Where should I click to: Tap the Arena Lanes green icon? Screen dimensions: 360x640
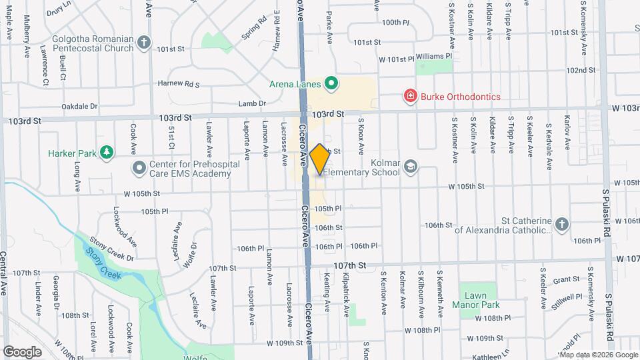click(331, 84)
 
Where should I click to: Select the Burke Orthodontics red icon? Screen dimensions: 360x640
click(411, 97)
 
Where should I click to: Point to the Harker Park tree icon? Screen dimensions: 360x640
click(106, 153)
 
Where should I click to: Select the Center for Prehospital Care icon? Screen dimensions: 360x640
click(139, 167)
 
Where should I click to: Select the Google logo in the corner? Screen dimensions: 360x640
click(23, 351)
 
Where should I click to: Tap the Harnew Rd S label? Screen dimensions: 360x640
click(179, 84)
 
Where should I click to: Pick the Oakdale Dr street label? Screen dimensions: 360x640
click(79, 106)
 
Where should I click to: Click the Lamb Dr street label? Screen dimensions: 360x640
click(253, 103)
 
